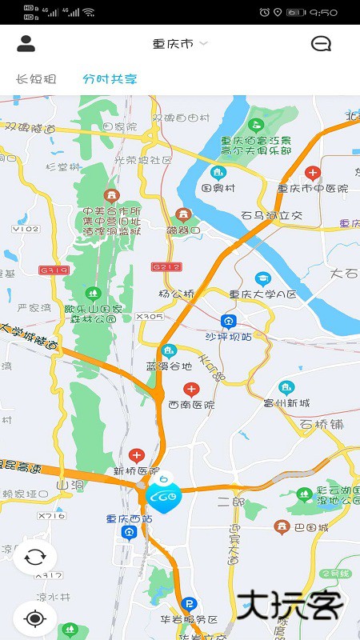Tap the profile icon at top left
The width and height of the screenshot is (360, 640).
[26, 44]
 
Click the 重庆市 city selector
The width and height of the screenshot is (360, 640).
[179, 44]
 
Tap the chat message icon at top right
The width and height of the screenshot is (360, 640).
[321, 44]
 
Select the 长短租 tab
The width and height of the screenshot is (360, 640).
[37, 79]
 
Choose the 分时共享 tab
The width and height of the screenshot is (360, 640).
[110, 79]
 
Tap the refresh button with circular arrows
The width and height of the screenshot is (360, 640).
[34, 557]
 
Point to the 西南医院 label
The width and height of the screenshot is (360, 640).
[191, 405]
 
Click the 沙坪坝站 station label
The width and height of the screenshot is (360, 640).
[229, 337]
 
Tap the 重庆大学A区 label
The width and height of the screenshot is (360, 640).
[262, 294]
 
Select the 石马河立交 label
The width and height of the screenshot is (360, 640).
[272, 215]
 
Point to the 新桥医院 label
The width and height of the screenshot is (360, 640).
[131, 470]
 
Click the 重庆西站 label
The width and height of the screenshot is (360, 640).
[129, 518]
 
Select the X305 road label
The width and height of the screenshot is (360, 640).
[150, 317]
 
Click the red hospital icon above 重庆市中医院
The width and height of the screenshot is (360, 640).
[313, 173]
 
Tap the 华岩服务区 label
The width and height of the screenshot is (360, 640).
[190, 619]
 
